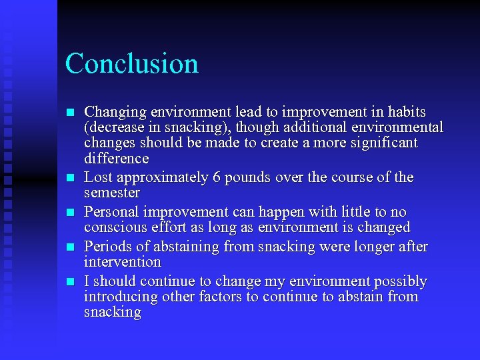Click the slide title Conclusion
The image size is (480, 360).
click(132, 64)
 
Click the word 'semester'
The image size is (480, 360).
click(112, 193)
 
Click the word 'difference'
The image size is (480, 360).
click(116, 159)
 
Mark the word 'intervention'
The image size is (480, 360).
click(123, 263)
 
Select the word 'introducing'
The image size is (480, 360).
click(119, 297)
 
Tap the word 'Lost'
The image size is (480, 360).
click(98, 178)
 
